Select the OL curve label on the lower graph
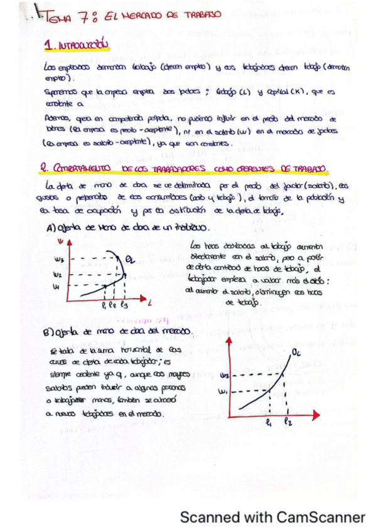[296, 356]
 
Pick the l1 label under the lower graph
[268, 423]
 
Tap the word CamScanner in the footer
[320, 518]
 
